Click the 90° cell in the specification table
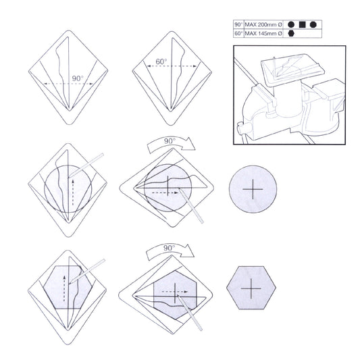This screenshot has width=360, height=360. [x=239, y=24]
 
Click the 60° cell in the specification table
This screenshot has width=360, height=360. [x=239, y=34]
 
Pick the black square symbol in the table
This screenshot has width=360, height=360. [x=303, y=24]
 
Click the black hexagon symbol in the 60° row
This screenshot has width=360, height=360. [x=291, y=34]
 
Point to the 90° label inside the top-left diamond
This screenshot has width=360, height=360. [x=78, y=78]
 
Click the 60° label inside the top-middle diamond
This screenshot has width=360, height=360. [x=161, y=61]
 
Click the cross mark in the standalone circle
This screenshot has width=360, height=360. [x=253, y=189]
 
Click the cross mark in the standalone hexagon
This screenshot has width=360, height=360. [x=251, y=288]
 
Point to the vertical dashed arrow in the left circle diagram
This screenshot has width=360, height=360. [x=73, y=192]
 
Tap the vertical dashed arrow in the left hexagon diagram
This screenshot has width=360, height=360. [x=64, y=288]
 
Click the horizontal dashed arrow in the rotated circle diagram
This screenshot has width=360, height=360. [x=165, y=193]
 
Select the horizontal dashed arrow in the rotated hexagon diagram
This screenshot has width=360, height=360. [x=175, y=292]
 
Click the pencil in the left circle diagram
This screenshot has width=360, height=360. [x=86, y=165]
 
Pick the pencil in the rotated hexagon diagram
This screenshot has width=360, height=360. [x=190, y=313]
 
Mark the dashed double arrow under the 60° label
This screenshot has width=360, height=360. [x=172, y=66]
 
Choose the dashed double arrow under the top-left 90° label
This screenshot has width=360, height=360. [x=69, y=84]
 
